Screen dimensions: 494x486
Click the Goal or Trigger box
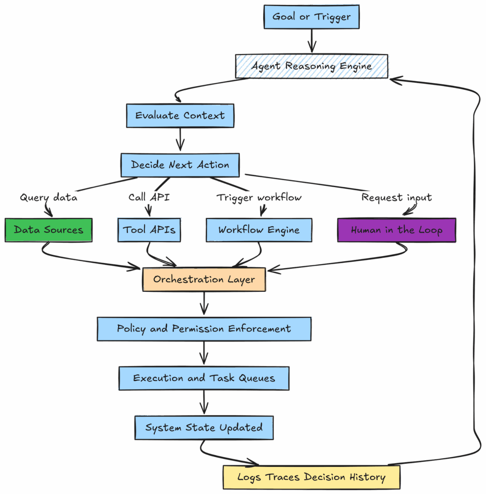pos(311,17)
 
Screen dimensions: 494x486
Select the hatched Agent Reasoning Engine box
pos(312,66)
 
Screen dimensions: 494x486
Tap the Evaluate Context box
pos(180,116)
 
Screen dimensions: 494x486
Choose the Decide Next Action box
pos(180,165)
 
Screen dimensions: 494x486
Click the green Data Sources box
pos(48,230)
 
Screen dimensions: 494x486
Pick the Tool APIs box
pos(149,230)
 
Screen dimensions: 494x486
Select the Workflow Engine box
pos(259,230)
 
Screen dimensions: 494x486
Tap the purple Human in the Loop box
pos(396,230)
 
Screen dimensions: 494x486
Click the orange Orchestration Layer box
pos(204,279)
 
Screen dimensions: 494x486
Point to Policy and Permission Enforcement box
pos(204,329)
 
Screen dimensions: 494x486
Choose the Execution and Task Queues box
pos(204,378)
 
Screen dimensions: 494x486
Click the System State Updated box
pos(204,428)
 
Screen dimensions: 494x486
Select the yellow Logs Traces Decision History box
pos(311,478)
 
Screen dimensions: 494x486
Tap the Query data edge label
pos(48,197)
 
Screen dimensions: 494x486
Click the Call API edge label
pos(149,197)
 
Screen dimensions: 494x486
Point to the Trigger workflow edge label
pos(259,197)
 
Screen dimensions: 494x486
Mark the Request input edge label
pos(396,197)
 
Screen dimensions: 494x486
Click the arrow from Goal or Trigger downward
pos(311,41)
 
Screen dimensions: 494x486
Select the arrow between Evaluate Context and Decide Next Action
pos(180,140)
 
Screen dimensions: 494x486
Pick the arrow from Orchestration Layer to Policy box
pos(204,304)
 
